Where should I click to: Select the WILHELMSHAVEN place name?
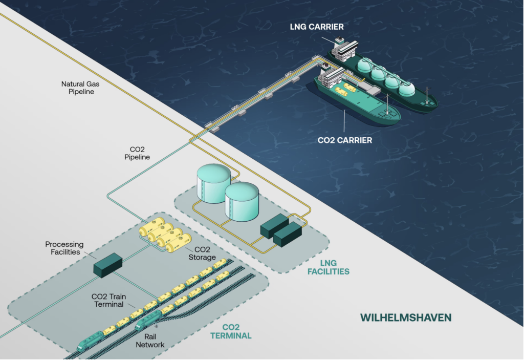click(x=406, y=317)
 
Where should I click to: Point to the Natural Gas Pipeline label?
click(x=78, y=88)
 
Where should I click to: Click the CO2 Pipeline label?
click(x=137, y=153)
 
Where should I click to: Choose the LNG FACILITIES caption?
click(x=328, y=267)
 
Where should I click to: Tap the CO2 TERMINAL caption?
click(x=231, y=332)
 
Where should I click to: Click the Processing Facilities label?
click(x=64, y=248)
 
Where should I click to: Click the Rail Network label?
click(x=150, y=341)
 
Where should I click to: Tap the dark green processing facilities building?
click(x=107, y=264)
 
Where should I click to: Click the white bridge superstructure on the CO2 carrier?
click(x=330, y=78)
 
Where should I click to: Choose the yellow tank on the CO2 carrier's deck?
click(x=350, y=88)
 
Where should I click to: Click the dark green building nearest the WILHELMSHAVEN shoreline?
click(x=288, y=234)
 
